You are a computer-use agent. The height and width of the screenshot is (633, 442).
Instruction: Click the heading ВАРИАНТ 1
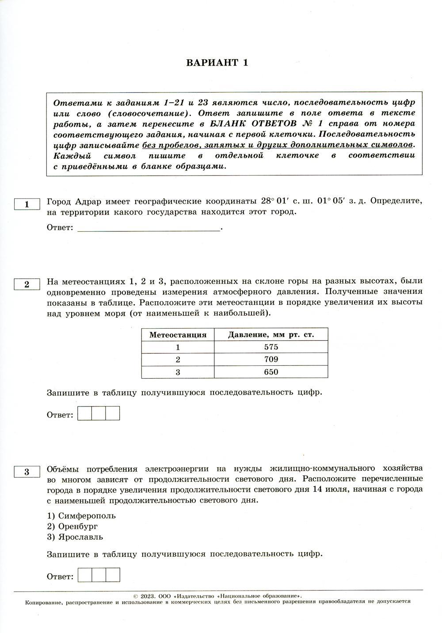tap(217, 62)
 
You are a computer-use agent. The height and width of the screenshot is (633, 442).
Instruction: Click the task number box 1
tap(27, 204)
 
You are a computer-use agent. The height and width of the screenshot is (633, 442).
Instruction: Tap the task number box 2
tap(27, 284)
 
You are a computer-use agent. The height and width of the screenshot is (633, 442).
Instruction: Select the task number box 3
tap(27, 472)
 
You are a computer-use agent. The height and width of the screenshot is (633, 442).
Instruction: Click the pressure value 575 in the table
tap(271, 347)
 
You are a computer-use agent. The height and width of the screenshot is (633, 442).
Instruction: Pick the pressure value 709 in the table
tap(271, 360)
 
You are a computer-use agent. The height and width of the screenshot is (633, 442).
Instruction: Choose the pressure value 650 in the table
tap(271, 372)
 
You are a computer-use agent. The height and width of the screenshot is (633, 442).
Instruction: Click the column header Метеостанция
tap(178, 335)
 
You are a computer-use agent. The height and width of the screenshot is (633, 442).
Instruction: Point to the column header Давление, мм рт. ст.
tap(271, 335)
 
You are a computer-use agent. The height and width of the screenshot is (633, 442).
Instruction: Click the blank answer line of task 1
tap(149, 229)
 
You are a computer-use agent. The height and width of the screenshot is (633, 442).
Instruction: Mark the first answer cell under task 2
tap(84, 413)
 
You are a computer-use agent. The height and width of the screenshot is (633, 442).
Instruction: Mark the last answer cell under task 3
tap(113, 575)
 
